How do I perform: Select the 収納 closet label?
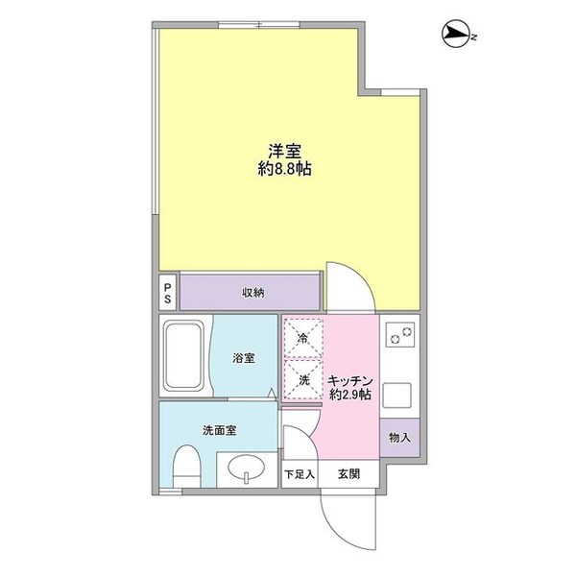252,292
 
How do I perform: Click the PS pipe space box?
168,291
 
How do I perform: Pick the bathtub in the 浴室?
185,356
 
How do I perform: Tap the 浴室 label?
244,358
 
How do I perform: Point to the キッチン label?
349,379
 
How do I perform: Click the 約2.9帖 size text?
349,396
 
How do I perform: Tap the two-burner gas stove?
400,334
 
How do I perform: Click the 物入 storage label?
400,438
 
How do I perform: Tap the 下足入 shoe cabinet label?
298,473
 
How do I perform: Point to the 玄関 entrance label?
348,473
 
